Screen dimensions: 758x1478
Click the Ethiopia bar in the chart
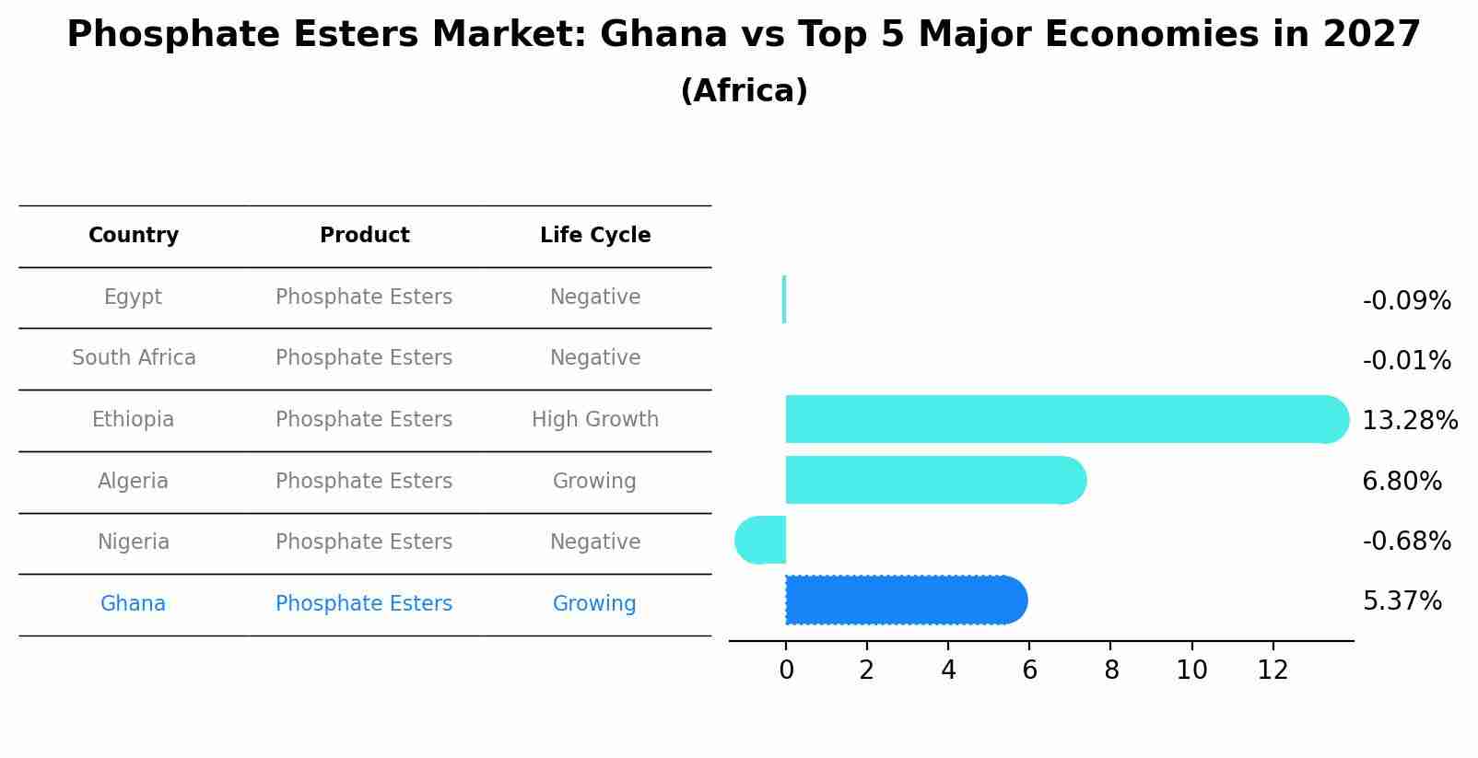pos(1060,419)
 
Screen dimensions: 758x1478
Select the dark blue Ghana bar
pos(903,600)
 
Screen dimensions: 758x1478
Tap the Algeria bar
pos(931,480)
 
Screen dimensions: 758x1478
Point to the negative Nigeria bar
pos(762,540)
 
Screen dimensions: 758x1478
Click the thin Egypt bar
pos(784,299)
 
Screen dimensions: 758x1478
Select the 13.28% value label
pos(1409,421)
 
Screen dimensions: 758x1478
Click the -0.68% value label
pos(1406,542)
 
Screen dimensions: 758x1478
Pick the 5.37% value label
pos(1402,601)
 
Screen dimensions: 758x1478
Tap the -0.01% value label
pos(1406,361)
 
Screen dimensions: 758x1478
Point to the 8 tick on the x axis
pos(1111,671)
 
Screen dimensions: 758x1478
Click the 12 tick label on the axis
pos(1273,671)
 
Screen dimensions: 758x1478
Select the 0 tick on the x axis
pos(786,671)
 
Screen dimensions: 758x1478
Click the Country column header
pos(134,236)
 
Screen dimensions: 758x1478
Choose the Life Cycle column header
pos(595,236)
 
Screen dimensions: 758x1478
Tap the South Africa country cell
pos(134,358)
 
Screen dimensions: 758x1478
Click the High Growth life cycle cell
pos(595,420)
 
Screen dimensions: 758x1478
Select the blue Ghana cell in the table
pos(133,604)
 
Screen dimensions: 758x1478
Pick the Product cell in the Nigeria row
pos(364,542)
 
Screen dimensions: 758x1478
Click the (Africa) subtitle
pos(744,91)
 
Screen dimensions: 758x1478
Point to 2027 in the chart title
pos(1371,35)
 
